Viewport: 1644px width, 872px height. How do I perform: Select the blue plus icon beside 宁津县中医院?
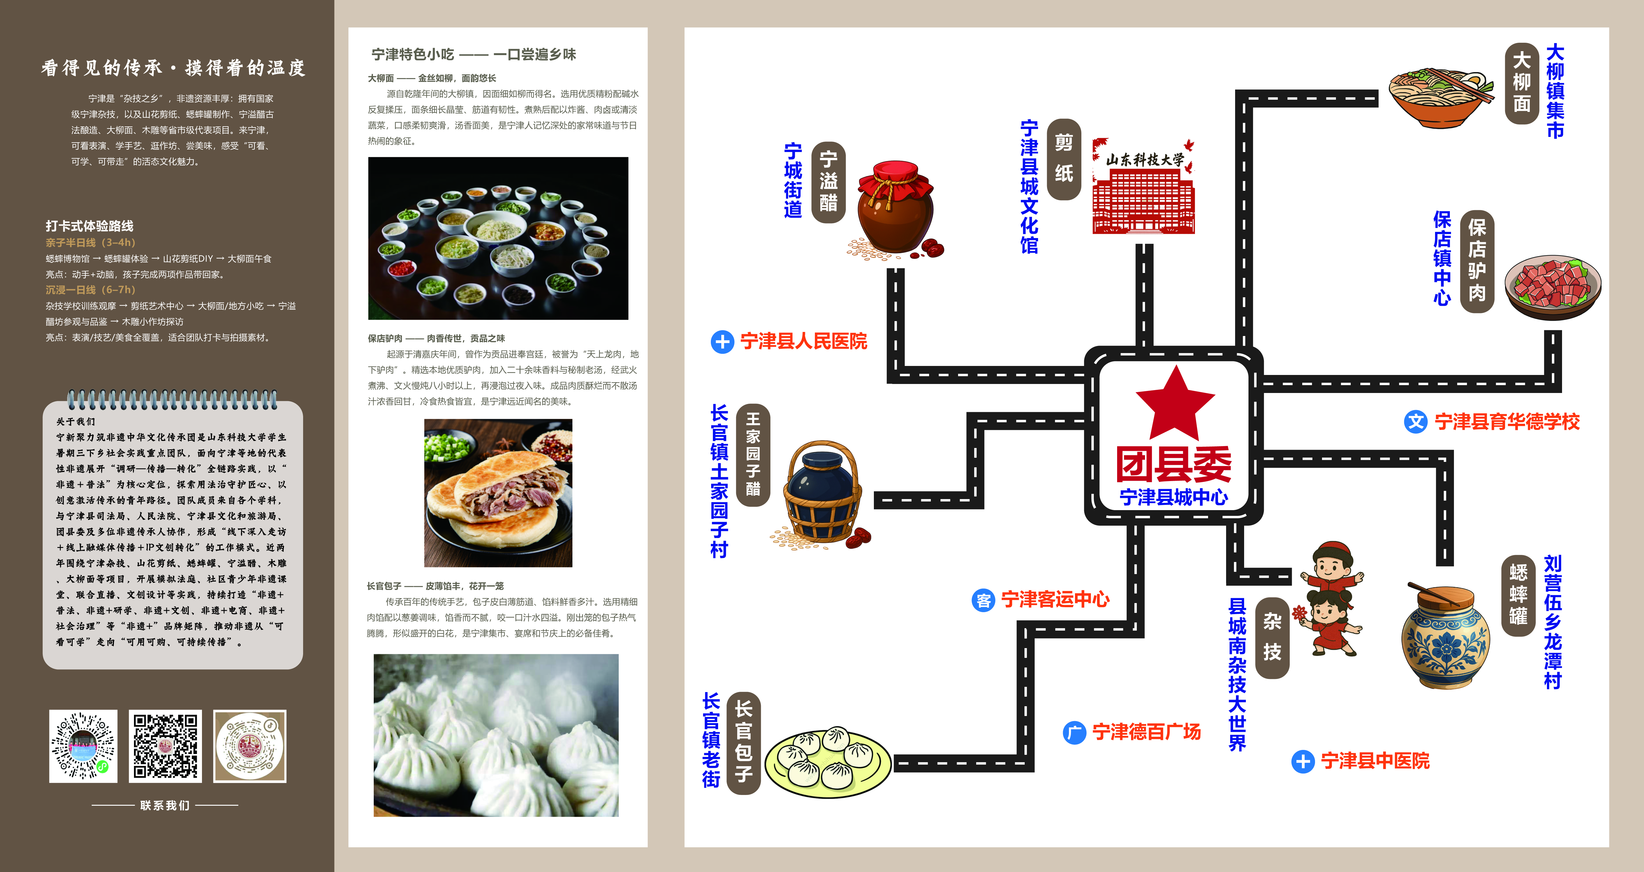[x=1303, y=761]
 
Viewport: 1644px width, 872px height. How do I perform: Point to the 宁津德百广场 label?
[x=1146, y=732]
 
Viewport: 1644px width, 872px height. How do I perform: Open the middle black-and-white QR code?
[x=165, y=746]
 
